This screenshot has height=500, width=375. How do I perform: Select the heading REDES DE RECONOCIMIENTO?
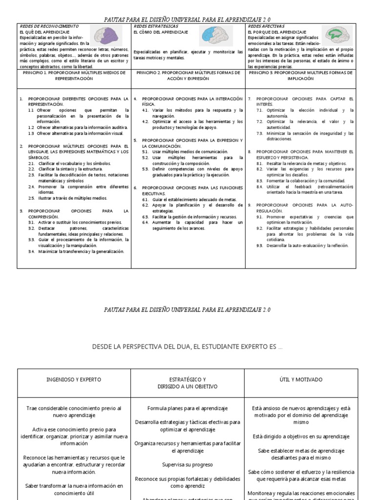(49, 26)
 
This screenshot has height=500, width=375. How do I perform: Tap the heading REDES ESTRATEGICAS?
(156, 26)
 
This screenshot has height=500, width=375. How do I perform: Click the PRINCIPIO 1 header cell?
(74, 75)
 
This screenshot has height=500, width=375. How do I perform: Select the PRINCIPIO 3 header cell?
(301, 75)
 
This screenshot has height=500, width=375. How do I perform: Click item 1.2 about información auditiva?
(78, 127)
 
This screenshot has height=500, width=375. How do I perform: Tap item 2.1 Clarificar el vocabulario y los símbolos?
(72, 164)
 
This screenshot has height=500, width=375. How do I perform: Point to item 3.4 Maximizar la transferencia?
(78, 251)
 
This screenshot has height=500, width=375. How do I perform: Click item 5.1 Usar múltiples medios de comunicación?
(185, 152)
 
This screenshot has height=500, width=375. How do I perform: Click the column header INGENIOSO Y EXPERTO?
(74, 379)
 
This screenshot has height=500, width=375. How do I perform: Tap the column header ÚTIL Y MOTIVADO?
(301, 379)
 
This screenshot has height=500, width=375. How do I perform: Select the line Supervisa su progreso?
(187, 464)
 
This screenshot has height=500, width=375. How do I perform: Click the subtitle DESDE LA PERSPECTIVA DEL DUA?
(187, 347)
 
